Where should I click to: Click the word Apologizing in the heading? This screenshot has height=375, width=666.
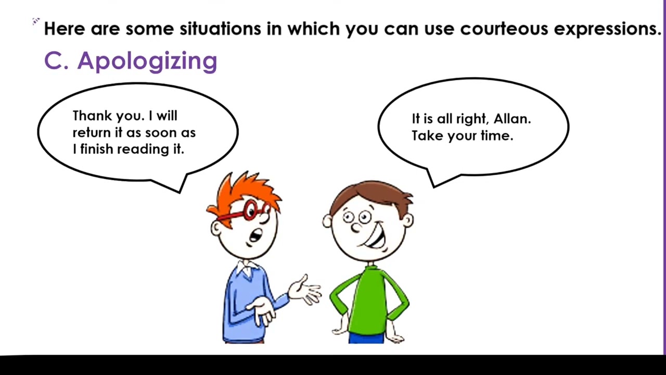(147, 61)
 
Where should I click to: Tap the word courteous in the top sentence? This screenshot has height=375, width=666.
(504, 29)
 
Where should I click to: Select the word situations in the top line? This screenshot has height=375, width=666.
(220, 29)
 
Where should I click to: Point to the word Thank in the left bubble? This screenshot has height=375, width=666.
(91, 116)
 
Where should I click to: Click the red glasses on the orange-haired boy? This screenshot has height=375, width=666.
(250, 210)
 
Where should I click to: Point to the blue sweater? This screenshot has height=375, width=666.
(245, 307)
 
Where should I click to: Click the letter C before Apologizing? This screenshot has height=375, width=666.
(53, 61)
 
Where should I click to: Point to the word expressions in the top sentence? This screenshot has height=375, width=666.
(607, 29)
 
